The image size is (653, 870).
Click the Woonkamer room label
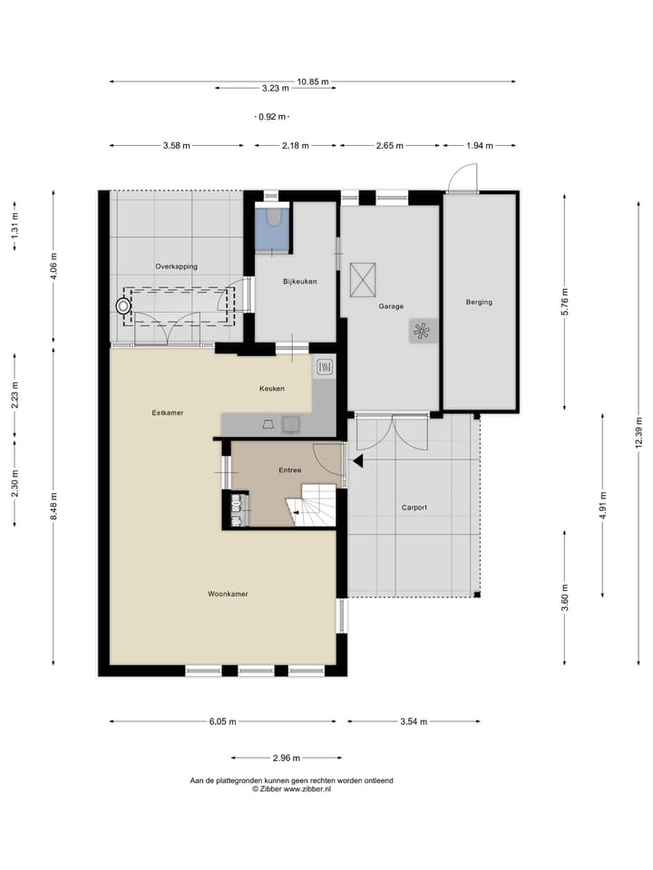pos(228,594)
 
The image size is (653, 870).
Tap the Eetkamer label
pos(168,413)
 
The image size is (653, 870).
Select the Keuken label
pos(272,389)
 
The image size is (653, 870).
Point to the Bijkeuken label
pos(300,281)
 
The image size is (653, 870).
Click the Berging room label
pos(479,303)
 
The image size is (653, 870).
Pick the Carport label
pos(414,507)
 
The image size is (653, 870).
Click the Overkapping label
pos(177,266)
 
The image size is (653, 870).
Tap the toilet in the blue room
pos(273,217)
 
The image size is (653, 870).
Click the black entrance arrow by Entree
pos(356,460)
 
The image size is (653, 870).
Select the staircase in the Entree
pos(312,505)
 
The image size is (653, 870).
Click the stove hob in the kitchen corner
pos(325,367)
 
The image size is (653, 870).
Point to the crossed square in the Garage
pos(363,280)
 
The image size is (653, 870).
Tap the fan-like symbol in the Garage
pos(422,332)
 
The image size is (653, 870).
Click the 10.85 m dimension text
pos(313,82)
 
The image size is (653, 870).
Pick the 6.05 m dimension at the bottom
pos(223,722)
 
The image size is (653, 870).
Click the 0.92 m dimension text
pos(272,117)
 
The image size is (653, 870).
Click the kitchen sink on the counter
pos(291,424)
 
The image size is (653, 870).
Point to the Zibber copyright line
pos(291,788)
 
